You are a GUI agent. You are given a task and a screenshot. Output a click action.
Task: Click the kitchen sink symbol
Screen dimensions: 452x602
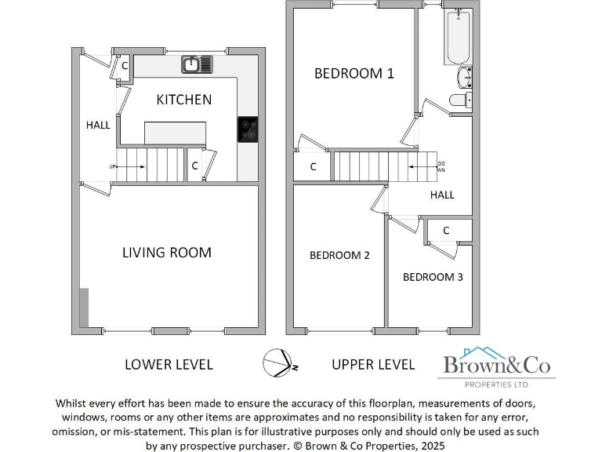click(198, 64)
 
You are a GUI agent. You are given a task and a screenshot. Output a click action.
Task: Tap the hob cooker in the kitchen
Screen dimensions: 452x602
click(248, 130)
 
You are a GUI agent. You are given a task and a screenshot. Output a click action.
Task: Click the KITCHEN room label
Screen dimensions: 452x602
click(183, 100)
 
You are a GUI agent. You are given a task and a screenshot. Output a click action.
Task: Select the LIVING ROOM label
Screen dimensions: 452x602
click(167, 252)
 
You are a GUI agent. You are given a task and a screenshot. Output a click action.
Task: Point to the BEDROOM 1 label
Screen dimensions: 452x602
click(354, 73)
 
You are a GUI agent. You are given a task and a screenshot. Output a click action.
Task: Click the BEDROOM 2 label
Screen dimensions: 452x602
click(339, 255)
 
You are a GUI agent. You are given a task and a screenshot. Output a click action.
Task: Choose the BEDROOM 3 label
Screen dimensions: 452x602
click(433, 277)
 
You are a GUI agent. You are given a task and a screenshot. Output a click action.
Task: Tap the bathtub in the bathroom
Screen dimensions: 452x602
click(459, 38)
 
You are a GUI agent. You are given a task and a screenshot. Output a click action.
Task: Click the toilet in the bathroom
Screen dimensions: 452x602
click(461, 100)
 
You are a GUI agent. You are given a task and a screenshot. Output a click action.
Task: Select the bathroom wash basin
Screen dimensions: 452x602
click(464, 78)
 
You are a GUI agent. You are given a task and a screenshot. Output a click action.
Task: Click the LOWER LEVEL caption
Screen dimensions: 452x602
click(169, 364)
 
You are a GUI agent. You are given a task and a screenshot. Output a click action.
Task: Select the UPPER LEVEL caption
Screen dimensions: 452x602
click(373, 364)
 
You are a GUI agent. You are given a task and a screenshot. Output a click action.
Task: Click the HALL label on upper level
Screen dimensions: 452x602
click(442, 195)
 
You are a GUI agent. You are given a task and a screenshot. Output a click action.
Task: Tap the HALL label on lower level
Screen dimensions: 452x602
click(98, 125)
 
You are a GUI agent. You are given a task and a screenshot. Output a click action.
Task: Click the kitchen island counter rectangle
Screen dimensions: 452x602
click(175, 133)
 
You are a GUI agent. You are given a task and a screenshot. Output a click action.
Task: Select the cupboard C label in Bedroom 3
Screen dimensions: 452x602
click(446, 231)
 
